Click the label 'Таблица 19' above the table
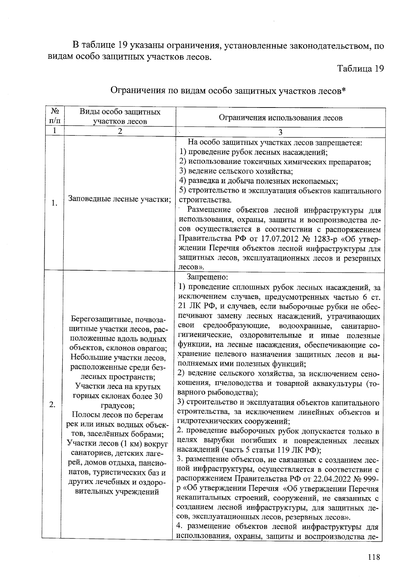(x=361, y=68)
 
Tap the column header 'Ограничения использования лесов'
(x=280, y=118)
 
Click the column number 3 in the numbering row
(x=280, y=132)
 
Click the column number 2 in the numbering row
(x=120, y=131)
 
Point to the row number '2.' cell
(x=53, y=405)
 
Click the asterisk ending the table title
(x=344, y=90)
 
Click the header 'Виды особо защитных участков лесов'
(x=120, y=117)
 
